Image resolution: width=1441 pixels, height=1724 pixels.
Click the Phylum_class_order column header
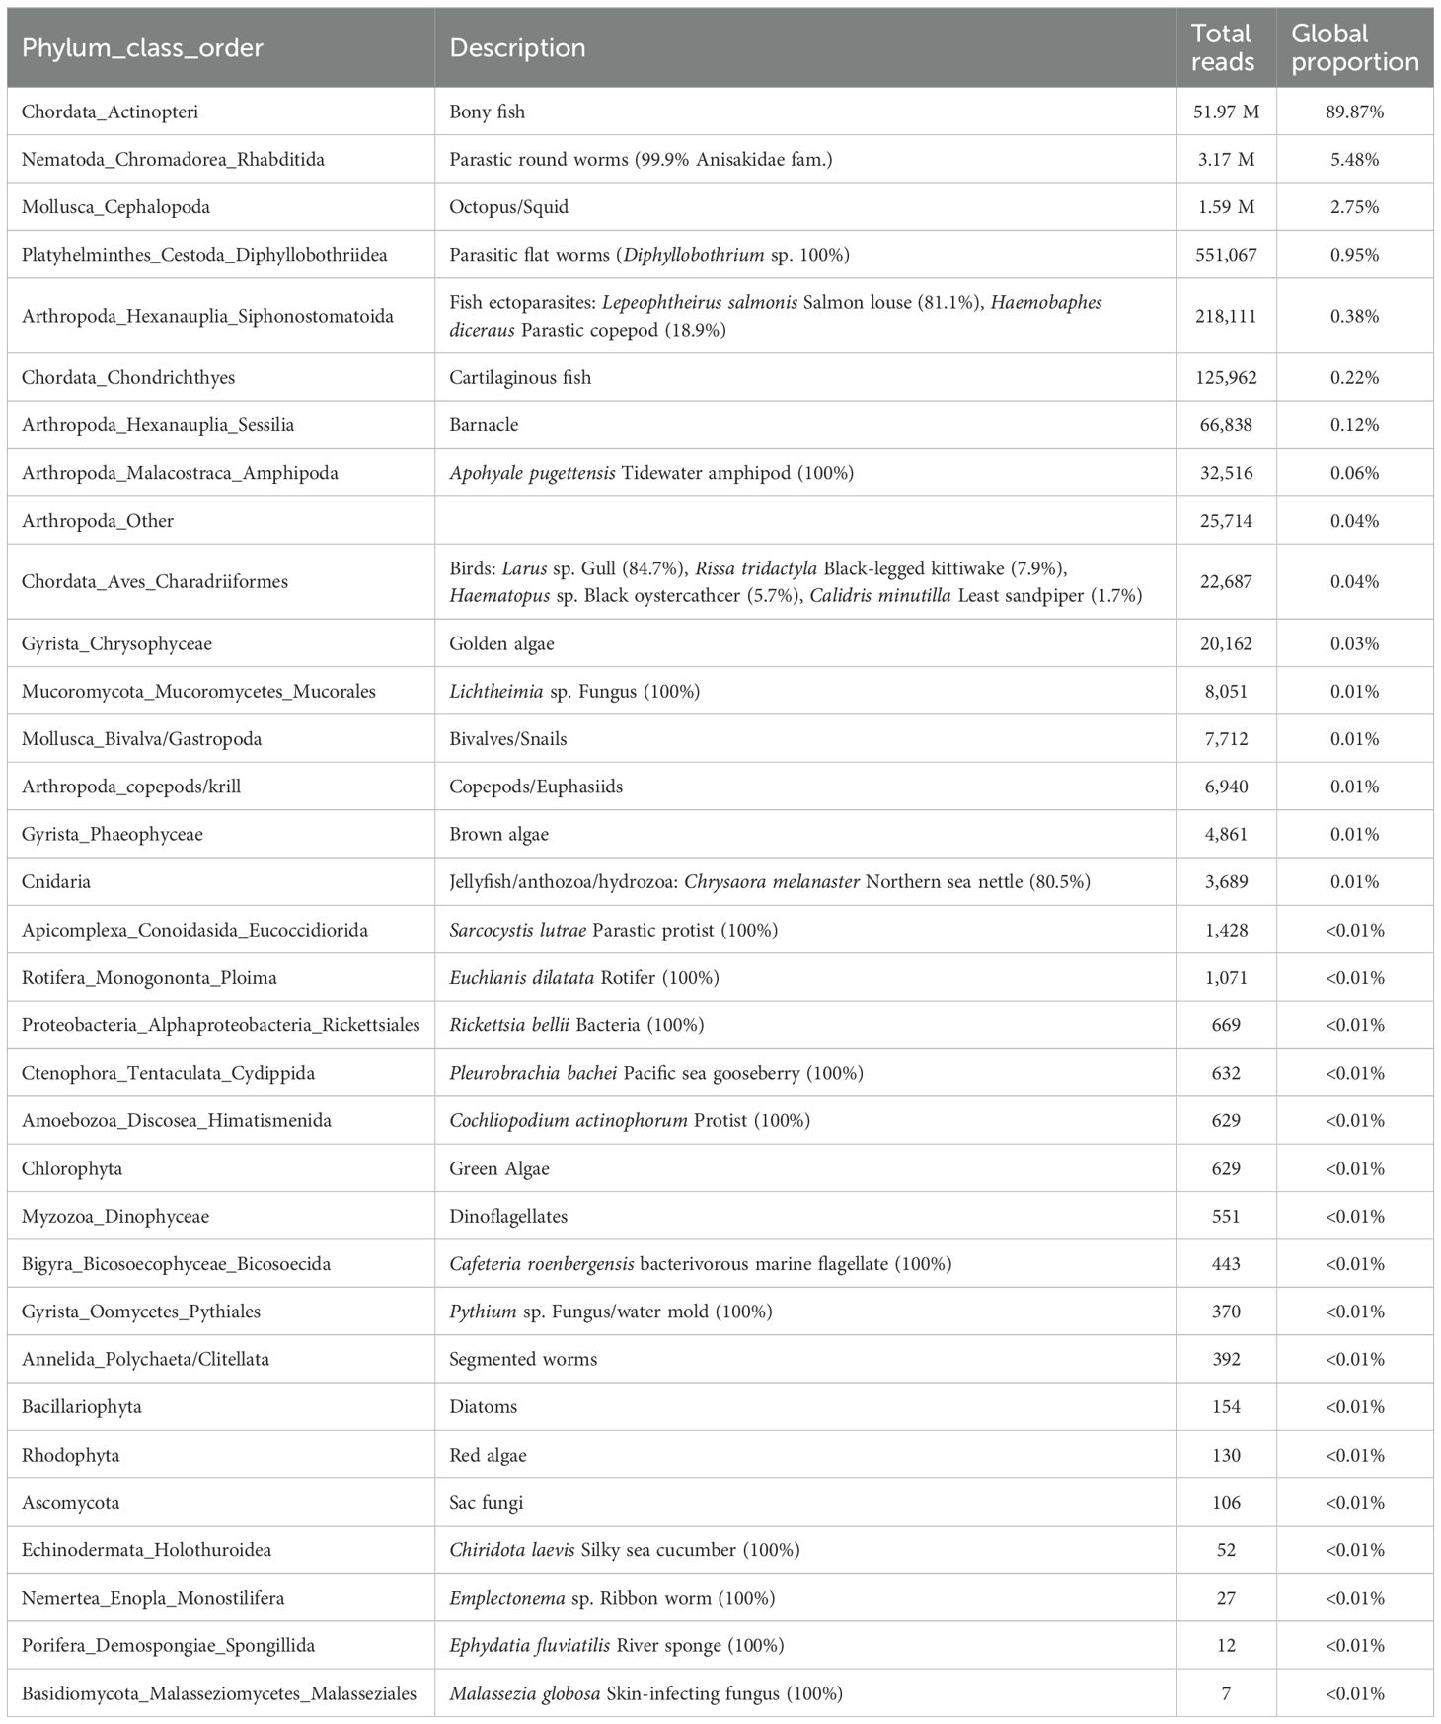point(142,48)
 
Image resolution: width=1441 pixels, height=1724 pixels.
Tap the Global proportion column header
point(1354,48)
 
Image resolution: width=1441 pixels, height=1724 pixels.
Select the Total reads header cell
point(1223,48)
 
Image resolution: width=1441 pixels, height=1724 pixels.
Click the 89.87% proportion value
point(1354,112)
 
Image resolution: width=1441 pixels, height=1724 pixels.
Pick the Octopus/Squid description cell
point(508,207)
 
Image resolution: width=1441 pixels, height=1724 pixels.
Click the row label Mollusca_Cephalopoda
point(115,207)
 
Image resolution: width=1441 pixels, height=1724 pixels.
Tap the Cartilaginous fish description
point(520,377)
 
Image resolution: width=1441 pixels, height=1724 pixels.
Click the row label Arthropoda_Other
point(98,521)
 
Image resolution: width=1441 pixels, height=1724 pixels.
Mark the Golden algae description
point(501,643)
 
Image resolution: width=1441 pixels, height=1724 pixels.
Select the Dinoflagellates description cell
point(508,1216)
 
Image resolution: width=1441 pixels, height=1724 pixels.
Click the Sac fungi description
point(486,1503)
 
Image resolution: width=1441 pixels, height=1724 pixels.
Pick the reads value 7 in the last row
point(1226,1693)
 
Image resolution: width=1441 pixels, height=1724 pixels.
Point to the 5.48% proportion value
point(1354,159)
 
